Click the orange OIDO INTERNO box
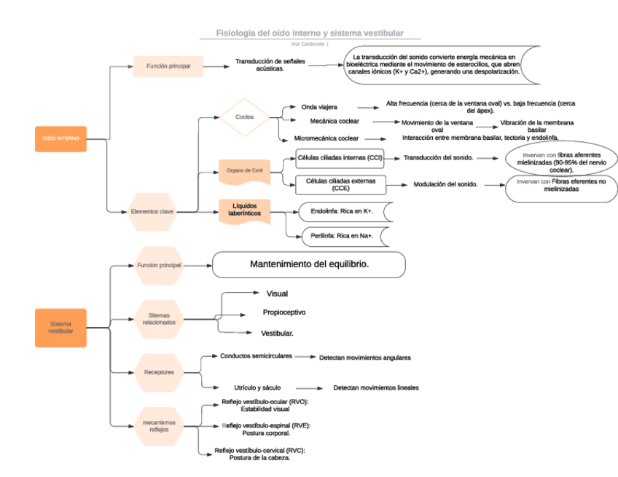pos(60,138)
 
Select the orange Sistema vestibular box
pos(60,327)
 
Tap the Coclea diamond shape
pos(245,117)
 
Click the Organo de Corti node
pos(245,170)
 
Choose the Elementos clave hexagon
pos(152,211)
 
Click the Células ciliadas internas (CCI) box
pos(340,157)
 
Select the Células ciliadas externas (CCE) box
pos(340,184)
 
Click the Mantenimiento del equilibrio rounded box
pos(309,264)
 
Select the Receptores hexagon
pos(159,372)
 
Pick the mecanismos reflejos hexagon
pos(159,425)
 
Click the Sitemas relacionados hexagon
pos(159,318)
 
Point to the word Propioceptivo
pos(284,312)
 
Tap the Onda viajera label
pos(319,107)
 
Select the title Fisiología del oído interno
pos(310,33)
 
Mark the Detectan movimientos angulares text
pos(365,358)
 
